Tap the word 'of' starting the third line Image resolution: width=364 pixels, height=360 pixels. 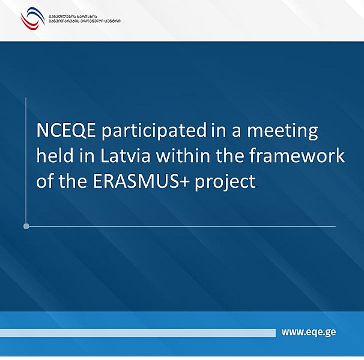(x=44, y=182)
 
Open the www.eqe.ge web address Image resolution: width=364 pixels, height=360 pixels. (x=308, y=332)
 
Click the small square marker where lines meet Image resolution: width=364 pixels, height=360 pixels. (x=26, y=226)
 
